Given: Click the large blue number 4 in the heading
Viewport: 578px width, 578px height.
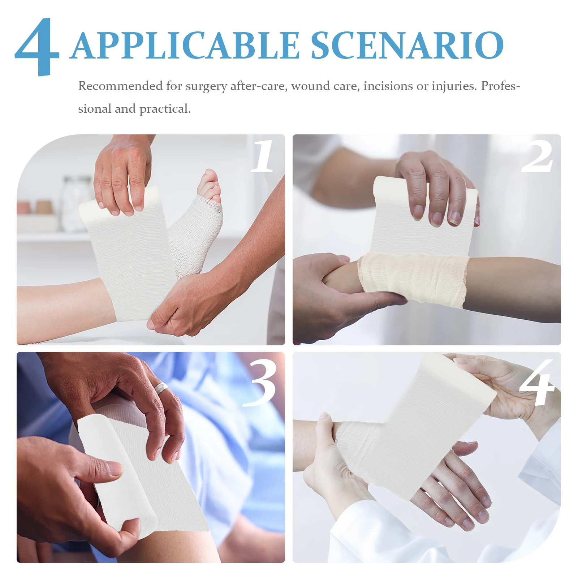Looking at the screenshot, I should (x=37, y=47).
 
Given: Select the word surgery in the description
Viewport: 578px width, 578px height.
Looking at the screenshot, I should (x=206, y=87).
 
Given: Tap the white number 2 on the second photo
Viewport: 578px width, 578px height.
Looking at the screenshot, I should (x=538, y=157).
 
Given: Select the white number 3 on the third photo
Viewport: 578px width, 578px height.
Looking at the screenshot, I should (x=260, y=383).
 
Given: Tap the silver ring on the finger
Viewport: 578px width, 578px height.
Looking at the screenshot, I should (x=161, y=388).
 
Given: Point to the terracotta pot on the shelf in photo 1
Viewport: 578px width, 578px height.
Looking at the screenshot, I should (x=44, y=207).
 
